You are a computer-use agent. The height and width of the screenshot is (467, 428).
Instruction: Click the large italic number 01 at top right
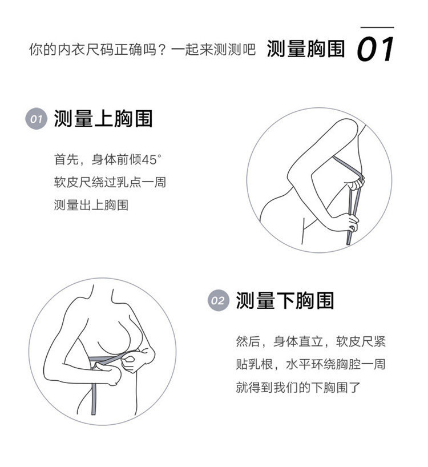coord(375,49)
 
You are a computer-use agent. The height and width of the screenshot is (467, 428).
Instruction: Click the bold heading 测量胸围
coord(306,49)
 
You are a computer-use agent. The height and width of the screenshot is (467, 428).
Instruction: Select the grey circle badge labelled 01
coord(37,119)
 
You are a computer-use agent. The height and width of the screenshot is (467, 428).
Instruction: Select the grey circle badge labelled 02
coord(218,300)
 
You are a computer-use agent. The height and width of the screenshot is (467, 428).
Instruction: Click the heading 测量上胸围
coord(103,119)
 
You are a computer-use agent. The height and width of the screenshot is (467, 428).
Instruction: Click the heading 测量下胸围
coord(285,300)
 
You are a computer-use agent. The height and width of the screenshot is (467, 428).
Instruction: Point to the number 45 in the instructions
coord(149,160)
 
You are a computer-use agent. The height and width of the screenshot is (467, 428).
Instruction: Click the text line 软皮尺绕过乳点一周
coord(110,182)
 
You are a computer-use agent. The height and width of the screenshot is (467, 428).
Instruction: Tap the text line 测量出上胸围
coord(91,205)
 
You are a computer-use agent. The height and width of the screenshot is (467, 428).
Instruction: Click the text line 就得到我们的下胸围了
coord(298,387)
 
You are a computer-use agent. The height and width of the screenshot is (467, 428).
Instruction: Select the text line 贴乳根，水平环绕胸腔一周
coord(310,364)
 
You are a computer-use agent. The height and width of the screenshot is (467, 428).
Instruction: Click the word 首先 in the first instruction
coord(66,160)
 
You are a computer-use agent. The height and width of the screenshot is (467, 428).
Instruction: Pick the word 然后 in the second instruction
coord(248,341)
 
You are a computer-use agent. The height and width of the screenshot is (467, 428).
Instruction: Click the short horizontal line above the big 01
coord(377,27)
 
